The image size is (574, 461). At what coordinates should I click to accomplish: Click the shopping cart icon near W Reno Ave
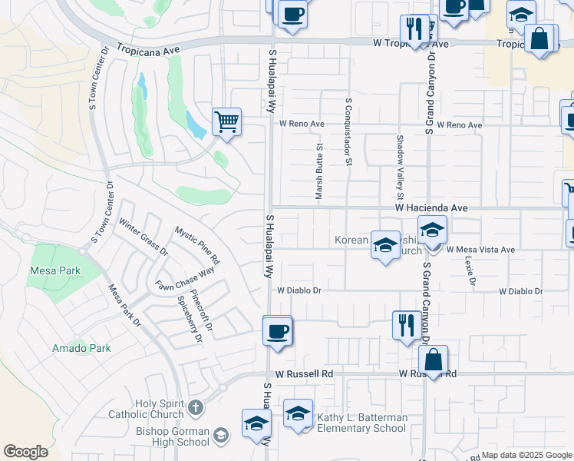pyautogui.click(x=226, y=121)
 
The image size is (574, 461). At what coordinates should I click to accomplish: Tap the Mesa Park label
pyautogui.click(x=50, y=270)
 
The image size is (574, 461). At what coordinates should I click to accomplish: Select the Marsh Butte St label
pyautogui.click(x=318, y=175)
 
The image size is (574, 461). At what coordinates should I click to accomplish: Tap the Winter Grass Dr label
pyautogui.click(x=143, y=237)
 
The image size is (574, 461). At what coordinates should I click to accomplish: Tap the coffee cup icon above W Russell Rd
pyautogui.click(x=277, y=332)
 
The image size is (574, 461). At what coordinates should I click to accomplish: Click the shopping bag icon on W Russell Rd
pyautogui.click(x=434, y=360)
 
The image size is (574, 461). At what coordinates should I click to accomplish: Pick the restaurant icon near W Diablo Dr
pyautogui.click(x=406, y=324)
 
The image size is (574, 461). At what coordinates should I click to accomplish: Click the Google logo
pyautogui.click(x=25, y=452)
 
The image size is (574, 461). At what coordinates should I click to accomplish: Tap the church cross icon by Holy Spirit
pyautogui.click(x=196, y=406)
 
